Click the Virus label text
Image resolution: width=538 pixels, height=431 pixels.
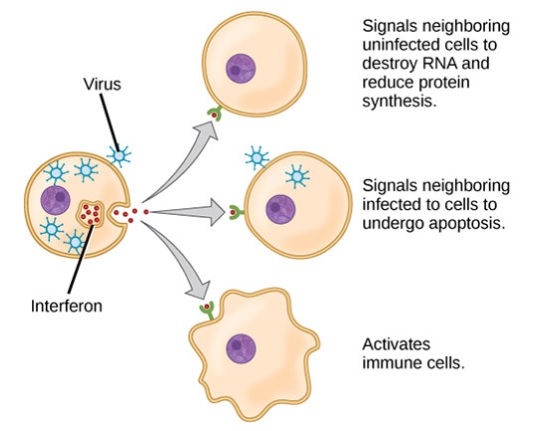point(102,84)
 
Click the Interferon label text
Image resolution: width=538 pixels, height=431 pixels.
point(67,306)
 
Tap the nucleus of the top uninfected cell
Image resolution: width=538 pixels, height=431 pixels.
point(241,68)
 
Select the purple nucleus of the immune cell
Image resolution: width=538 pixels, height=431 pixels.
point(242,348)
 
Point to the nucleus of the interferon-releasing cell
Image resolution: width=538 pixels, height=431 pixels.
point(56,200)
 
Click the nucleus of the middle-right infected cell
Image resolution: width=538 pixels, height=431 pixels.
point(280,209)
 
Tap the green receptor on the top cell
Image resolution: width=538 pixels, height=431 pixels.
point(214,113)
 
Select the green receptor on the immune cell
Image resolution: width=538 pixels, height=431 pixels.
point(208,309)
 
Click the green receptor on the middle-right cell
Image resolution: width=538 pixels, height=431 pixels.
point(236,212)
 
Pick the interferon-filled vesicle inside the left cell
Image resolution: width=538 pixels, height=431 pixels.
point(90,214)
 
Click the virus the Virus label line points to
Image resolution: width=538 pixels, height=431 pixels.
point(119,156)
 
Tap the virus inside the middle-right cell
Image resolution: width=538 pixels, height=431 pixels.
point(297,176)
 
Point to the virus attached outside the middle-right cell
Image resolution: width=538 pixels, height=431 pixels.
point(257,157)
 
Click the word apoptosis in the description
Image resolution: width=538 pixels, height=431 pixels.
point(468,224)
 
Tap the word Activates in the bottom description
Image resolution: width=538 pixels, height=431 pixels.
point(396,344)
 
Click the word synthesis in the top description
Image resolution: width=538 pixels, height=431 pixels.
point(399,101)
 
